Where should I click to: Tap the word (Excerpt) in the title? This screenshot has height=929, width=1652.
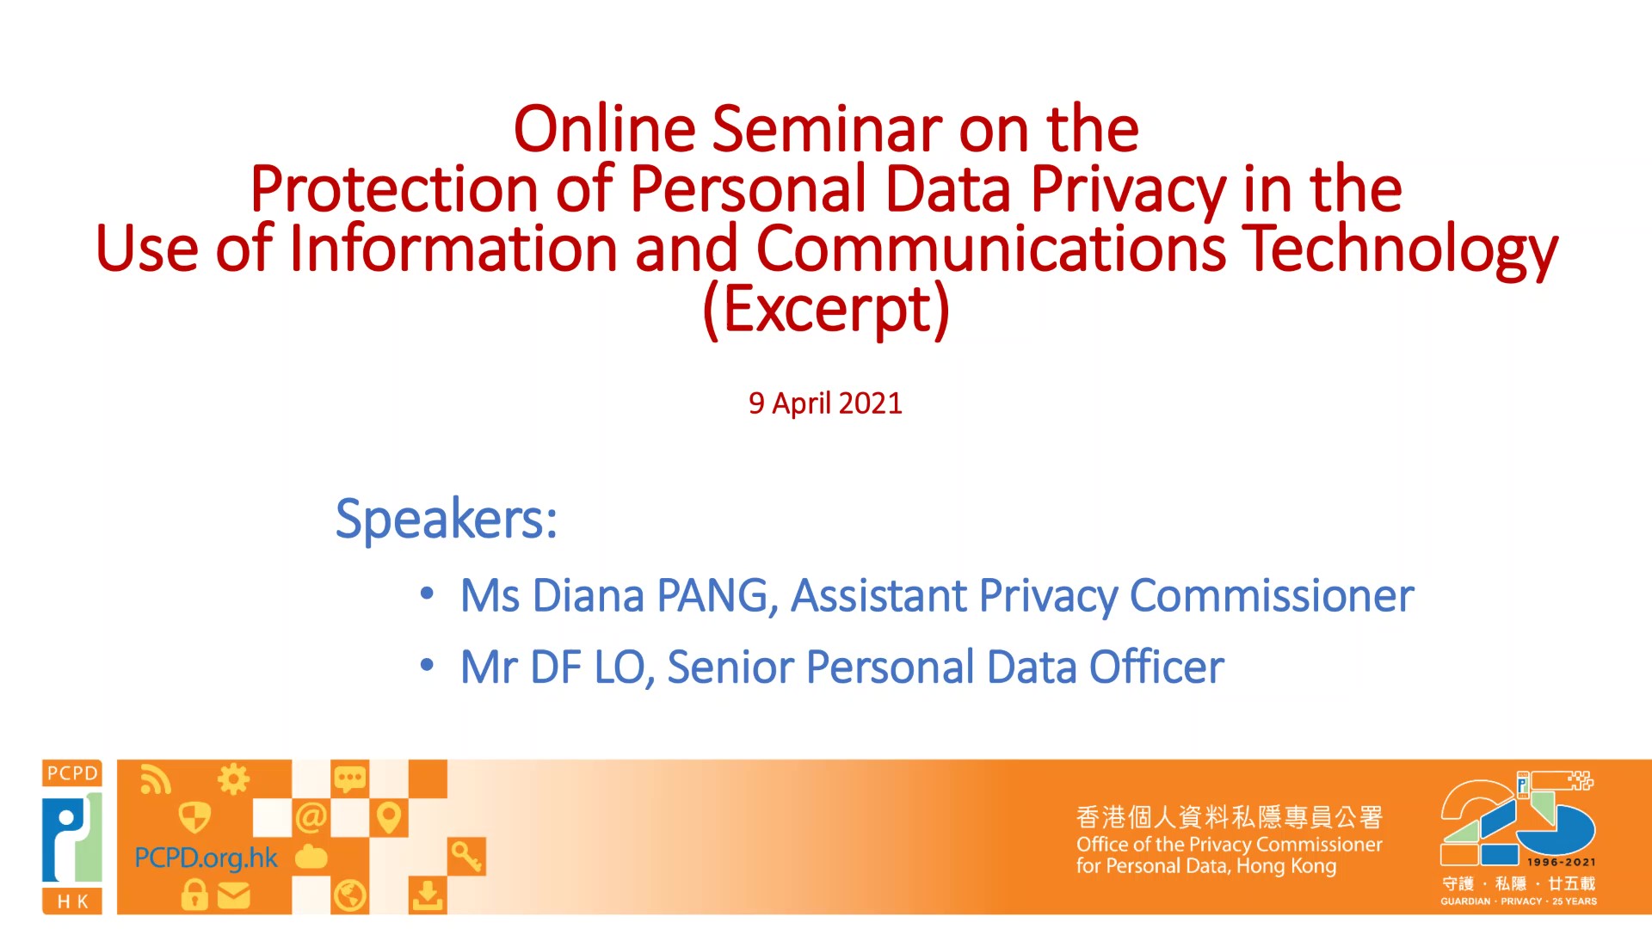tap(826, 309)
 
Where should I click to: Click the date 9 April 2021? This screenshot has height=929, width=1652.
tap(825, 403)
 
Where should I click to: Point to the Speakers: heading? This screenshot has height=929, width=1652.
tap(447, 519)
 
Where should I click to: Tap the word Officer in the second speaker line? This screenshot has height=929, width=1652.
tap(1156, 667)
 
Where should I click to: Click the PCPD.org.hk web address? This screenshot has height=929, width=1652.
tap(206, 858)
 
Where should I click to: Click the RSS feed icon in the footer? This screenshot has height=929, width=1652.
tap(156, 779)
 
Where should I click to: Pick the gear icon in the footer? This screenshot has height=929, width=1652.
tap(233, 779)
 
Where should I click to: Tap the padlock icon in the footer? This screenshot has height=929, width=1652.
tap(194, 895)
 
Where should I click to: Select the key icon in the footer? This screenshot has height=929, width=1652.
tap(466, 857)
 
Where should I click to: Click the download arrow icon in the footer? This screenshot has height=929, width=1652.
tap(427, 895)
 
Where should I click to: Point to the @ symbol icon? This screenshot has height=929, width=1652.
tap(311, 817)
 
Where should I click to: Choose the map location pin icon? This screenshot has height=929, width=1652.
tap(388, 817)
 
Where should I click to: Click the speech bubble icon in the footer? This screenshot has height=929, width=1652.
tap(349, 779)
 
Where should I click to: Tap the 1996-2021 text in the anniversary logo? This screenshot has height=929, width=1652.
tap(1561, 862)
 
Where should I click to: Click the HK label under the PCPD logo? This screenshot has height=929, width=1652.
tap(72, 901)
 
